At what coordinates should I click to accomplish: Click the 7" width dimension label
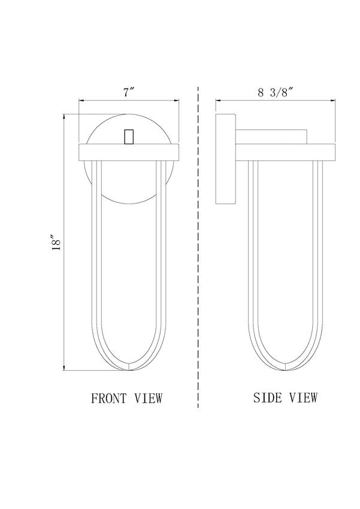pyautogui.click(x=129, y=92)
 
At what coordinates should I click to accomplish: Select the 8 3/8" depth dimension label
pyautogui.click(x=275, y=92)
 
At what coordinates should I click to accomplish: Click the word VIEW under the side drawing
pyautogui.click(x=304, y=398)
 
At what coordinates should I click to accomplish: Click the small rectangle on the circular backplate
pyautogui.click(x=129, y=137)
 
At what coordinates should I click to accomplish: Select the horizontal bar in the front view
pyautogui.click(x=129, y=152)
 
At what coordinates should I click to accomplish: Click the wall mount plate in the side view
pyautogui.click(x=226, y=159)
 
